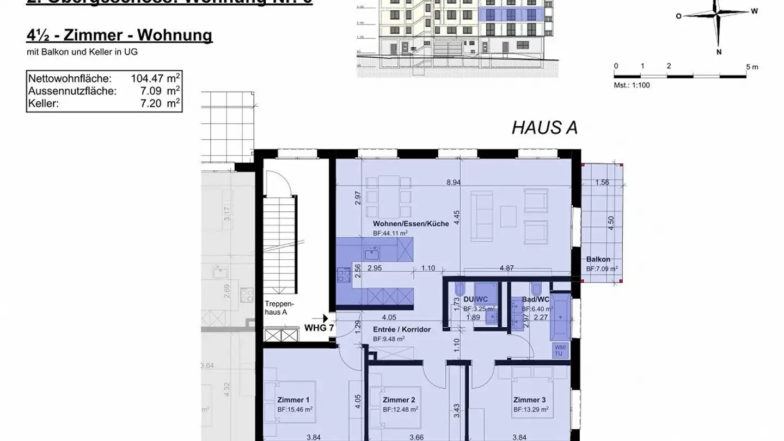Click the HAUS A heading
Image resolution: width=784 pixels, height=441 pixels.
click(544, 127)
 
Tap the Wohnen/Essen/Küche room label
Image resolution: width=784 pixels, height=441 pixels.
click(411, 224)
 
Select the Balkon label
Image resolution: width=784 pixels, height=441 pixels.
click(598, 260)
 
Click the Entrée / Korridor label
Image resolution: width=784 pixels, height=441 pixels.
click(402, 329)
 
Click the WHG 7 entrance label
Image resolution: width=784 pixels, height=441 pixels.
click(319, 328)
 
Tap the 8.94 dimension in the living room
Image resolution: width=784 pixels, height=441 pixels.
click(453, 183)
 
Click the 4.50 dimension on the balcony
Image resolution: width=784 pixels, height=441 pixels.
click(611, 223)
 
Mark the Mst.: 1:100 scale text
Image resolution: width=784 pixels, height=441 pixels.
click(632, 85)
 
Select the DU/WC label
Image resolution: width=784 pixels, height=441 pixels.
click(475, 299)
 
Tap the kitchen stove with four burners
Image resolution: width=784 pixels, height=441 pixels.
click(344, 275)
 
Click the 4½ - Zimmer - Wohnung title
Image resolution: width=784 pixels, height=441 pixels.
click(119, 35)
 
